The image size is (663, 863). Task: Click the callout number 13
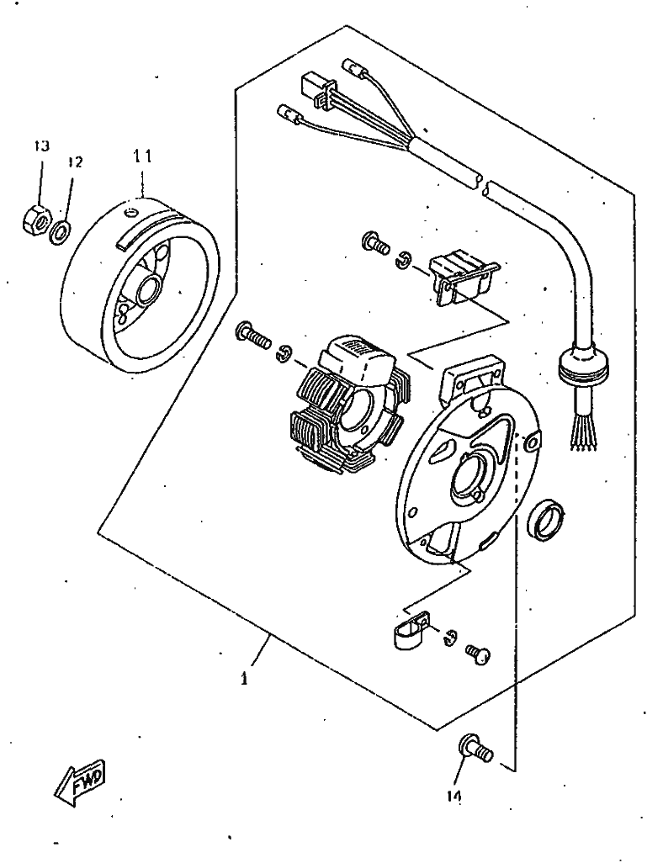(41, 146)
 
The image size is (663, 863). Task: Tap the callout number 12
(75, 162)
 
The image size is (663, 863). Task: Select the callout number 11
(141, 156)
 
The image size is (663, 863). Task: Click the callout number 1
(244, 678)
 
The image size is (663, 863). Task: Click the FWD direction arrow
(80, 781)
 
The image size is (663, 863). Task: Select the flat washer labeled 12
(60, 232)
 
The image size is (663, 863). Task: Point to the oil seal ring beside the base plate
(545, 517)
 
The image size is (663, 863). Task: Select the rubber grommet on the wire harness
(584, 365)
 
